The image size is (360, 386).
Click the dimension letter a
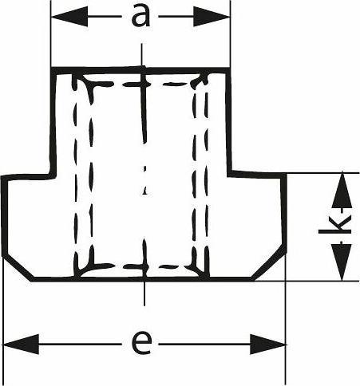[x=140, y=16]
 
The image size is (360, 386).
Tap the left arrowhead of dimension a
[x=69, y=16]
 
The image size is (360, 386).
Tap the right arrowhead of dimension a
[x=212, y=17]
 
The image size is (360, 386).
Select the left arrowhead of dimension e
[x=22, y=345]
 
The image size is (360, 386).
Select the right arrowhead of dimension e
[x=267, y=345]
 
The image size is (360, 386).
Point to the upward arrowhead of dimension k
[x=342, y=191]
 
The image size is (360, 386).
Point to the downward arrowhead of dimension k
[x=342, y=262]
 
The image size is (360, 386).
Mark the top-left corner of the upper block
[x=53, y=69]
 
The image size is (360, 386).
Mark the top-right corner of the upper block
[x=228, y=70]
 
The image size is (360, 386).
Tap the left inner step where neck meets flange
[x=53, y=175]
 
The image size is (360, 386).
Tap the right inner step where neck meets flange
[x=229, y=173]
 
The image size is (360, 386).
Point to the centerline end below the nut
[x=144, y=305]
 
